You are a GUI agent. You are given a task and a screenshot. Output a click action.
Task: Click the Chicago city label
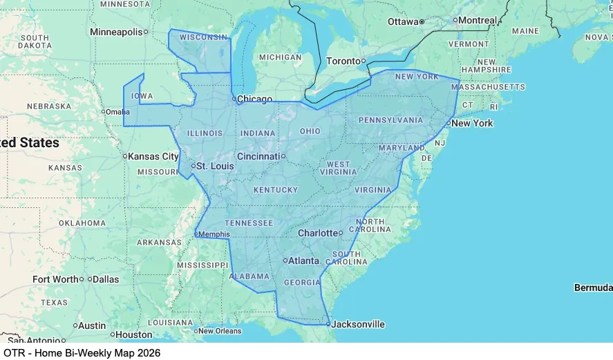click(254, 100)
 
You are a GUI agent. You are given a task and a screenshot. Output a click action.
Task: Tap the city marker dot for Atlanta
click(285, 260)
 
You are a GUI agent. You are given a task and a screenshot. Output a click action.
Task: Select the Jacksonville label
click(358, 324)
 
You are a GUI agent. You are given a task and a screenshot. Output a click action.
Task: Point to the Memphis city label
click(214, 234)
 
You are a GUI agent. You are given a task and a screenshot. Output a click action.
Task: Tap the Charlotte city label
click(318, 234)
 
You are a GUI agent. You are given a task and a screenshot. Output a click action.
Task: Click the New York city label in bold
click(472, 123)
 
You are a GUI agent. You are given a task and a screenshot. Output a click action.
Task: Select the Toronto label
click(343, 61)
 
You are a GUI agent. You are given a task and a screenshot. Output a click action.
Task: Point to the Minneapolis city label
click(116, 32)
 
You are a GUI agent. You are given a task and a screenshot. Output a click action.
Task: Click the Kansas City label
click(153, 156)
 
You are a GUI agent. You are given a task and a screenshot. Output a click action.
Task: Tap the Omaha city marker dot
click(103, 112)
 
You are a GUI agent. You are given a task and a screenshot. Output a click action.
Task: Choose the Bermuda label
click(593, 287)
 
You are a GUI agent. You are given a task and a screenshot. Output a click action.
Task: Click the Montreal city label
click(478, 20)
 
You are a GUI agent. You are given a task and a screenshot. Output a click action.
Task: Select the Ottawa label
click(403, 21)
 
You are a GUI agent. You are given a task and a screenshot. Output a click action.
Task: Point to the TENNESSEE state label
click(249, 222)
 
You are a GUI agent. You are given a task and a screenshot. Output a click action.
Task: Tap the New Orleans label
click(220, 331)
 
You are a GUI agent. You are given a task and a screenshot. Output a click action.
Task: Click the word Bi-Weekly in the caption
click(91, 353)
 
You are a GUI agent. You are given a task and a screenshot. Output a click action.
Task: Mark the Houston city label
click(133, 334)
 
